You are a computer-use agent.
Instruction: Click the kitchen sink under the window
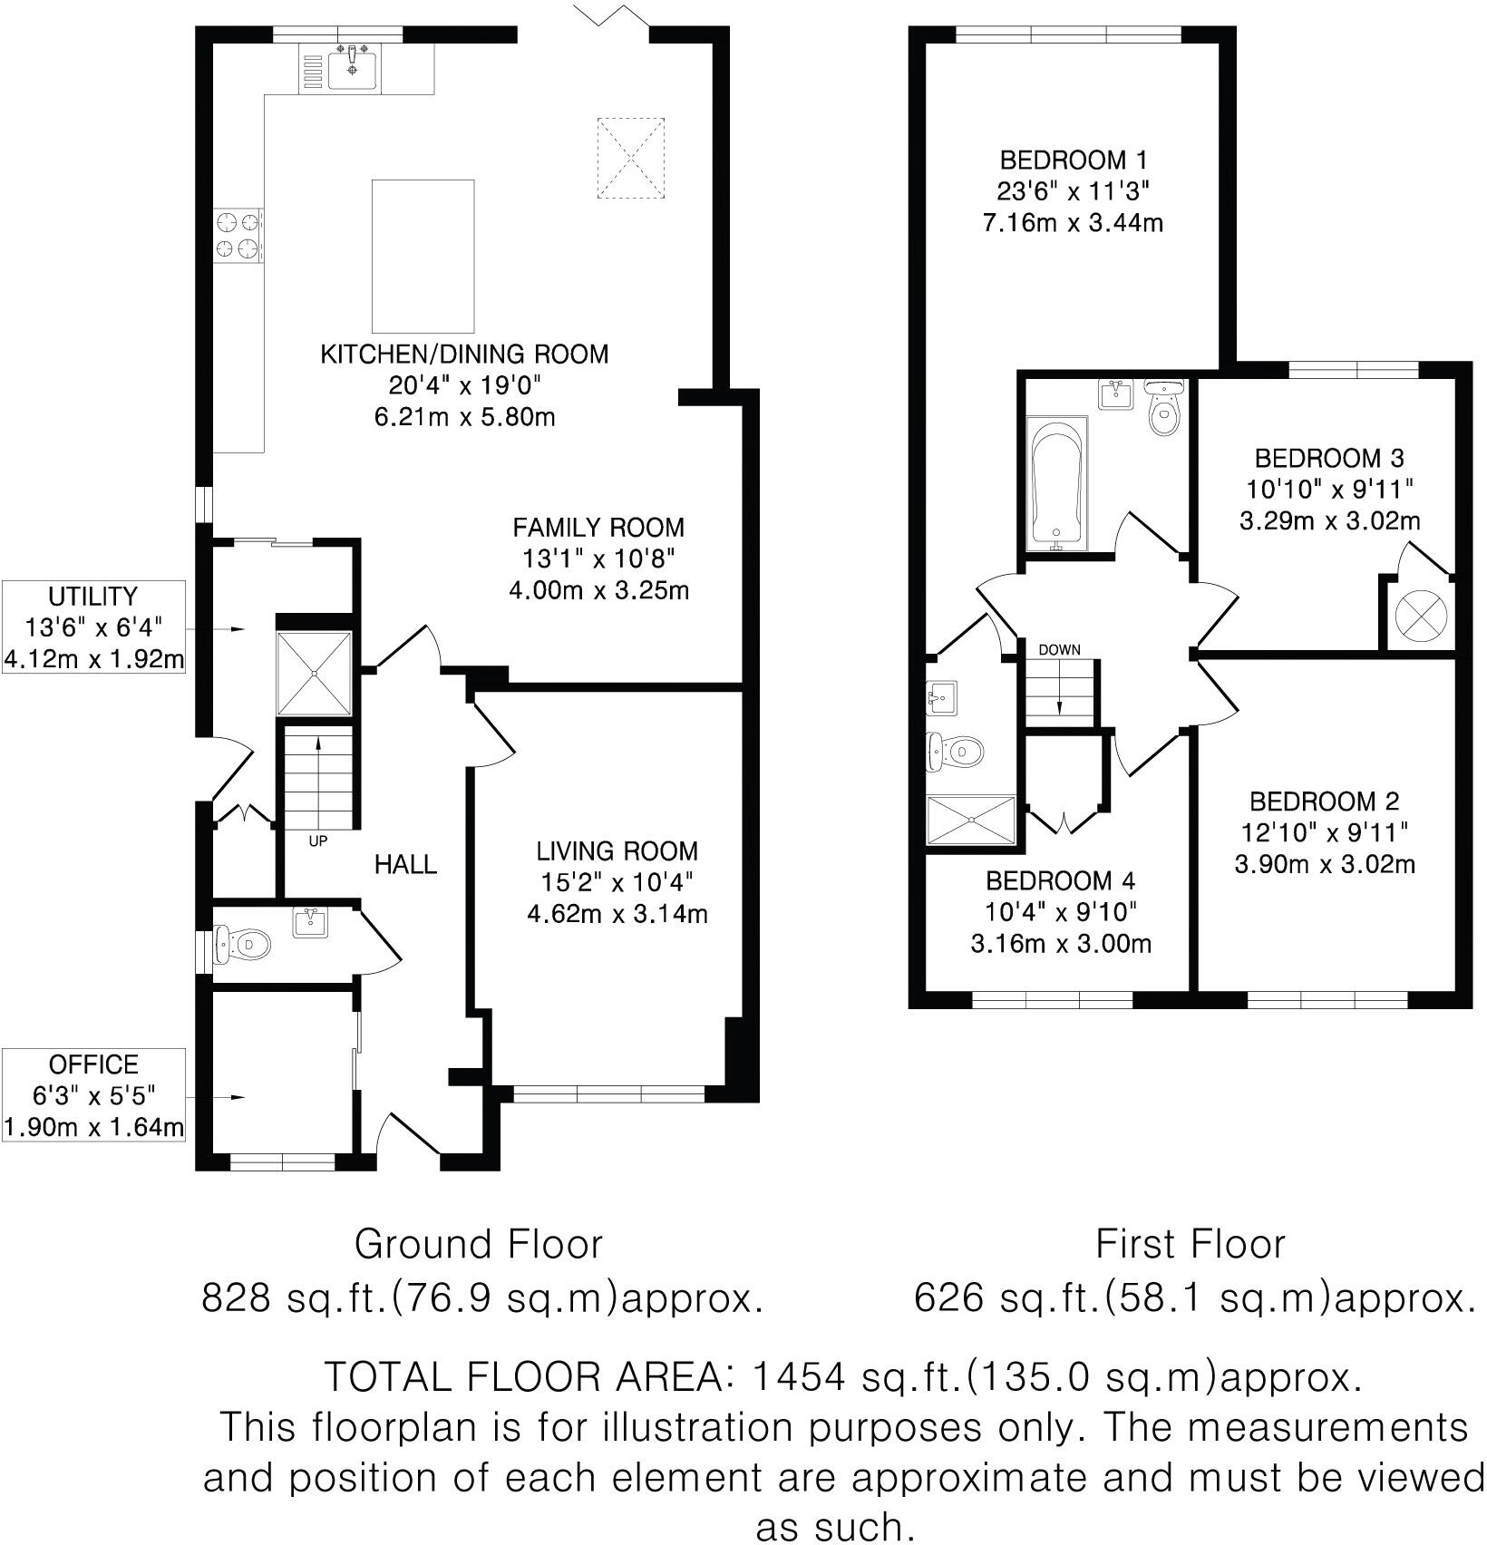click(x=352, y=68)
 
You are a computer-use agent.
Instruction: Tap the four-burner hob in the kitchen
click(x=238, y=235)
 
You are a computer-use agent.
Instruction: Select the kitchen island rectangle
click(x=423, y=256)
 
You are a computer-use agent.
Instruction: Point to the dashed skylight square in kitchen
click(x=630, y=158)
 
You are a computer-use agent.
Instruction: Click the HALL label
click(x=405, y=864)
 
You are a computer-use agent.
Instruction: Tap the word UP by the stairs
click(x=317, y=841)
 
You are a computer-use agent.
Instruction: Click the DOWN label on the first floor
click(x=1059, y=649)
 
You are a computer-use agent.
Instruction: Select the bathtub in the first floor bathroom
click(x=1056, y=483)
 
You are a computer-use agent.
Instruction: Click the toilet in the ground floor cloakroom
click(x=243, y=944)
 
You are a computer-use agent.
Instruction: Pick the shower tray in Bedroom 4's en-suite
click(x=971, y=821)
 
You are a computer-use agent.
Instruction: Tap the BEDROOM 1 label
click(x=1073, y=160)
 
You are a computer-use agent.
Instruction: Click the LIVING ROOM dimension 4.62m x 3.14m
click(x=617, y=913)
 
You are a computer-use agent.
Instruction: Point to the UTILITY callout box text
click(x=93, y=597)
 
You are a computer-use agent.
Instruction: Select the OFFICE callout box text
click(x=93, y=1064)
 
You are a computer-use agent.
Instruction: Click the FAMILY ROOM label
click(x=598, y=527)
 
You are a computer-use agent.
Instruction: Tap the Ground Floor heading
click(x=478, y=1244)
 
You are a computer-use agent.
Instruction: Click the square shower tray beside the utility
click(x=314, y=673)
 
